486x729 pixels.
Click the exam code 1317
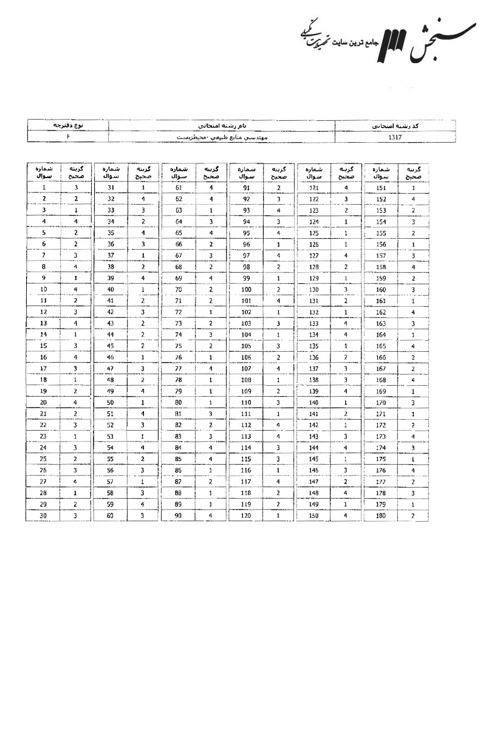point(395,137)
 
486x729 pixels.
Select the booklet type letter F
point(68,137)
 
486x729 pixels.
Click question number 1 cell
point(44,188)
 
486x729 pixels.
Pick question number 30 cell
point(44,516)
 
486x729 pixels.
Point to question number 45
point(111,346)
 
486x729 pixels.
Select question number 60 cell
point(111,516)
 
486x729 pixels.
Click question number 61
point(179,188)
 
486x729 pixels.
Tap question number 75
point(179,346)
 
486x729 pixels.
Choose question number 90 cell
point(179,516)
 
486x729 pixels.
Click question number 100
point(246,290)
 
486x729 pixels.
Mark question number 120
point(246,516)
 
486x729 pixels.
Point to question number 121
point(313,188)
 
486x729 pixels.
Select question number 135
point(313,346)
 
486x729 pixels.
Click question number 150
point(313,516)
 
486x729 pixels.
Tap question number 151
point(382,188)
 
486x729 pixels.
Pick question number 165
point(382,346)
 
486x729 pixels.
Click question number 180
point(382,516)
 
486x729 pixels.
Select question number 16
point(44,357)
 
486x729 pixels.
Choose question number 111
point(246,414)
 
